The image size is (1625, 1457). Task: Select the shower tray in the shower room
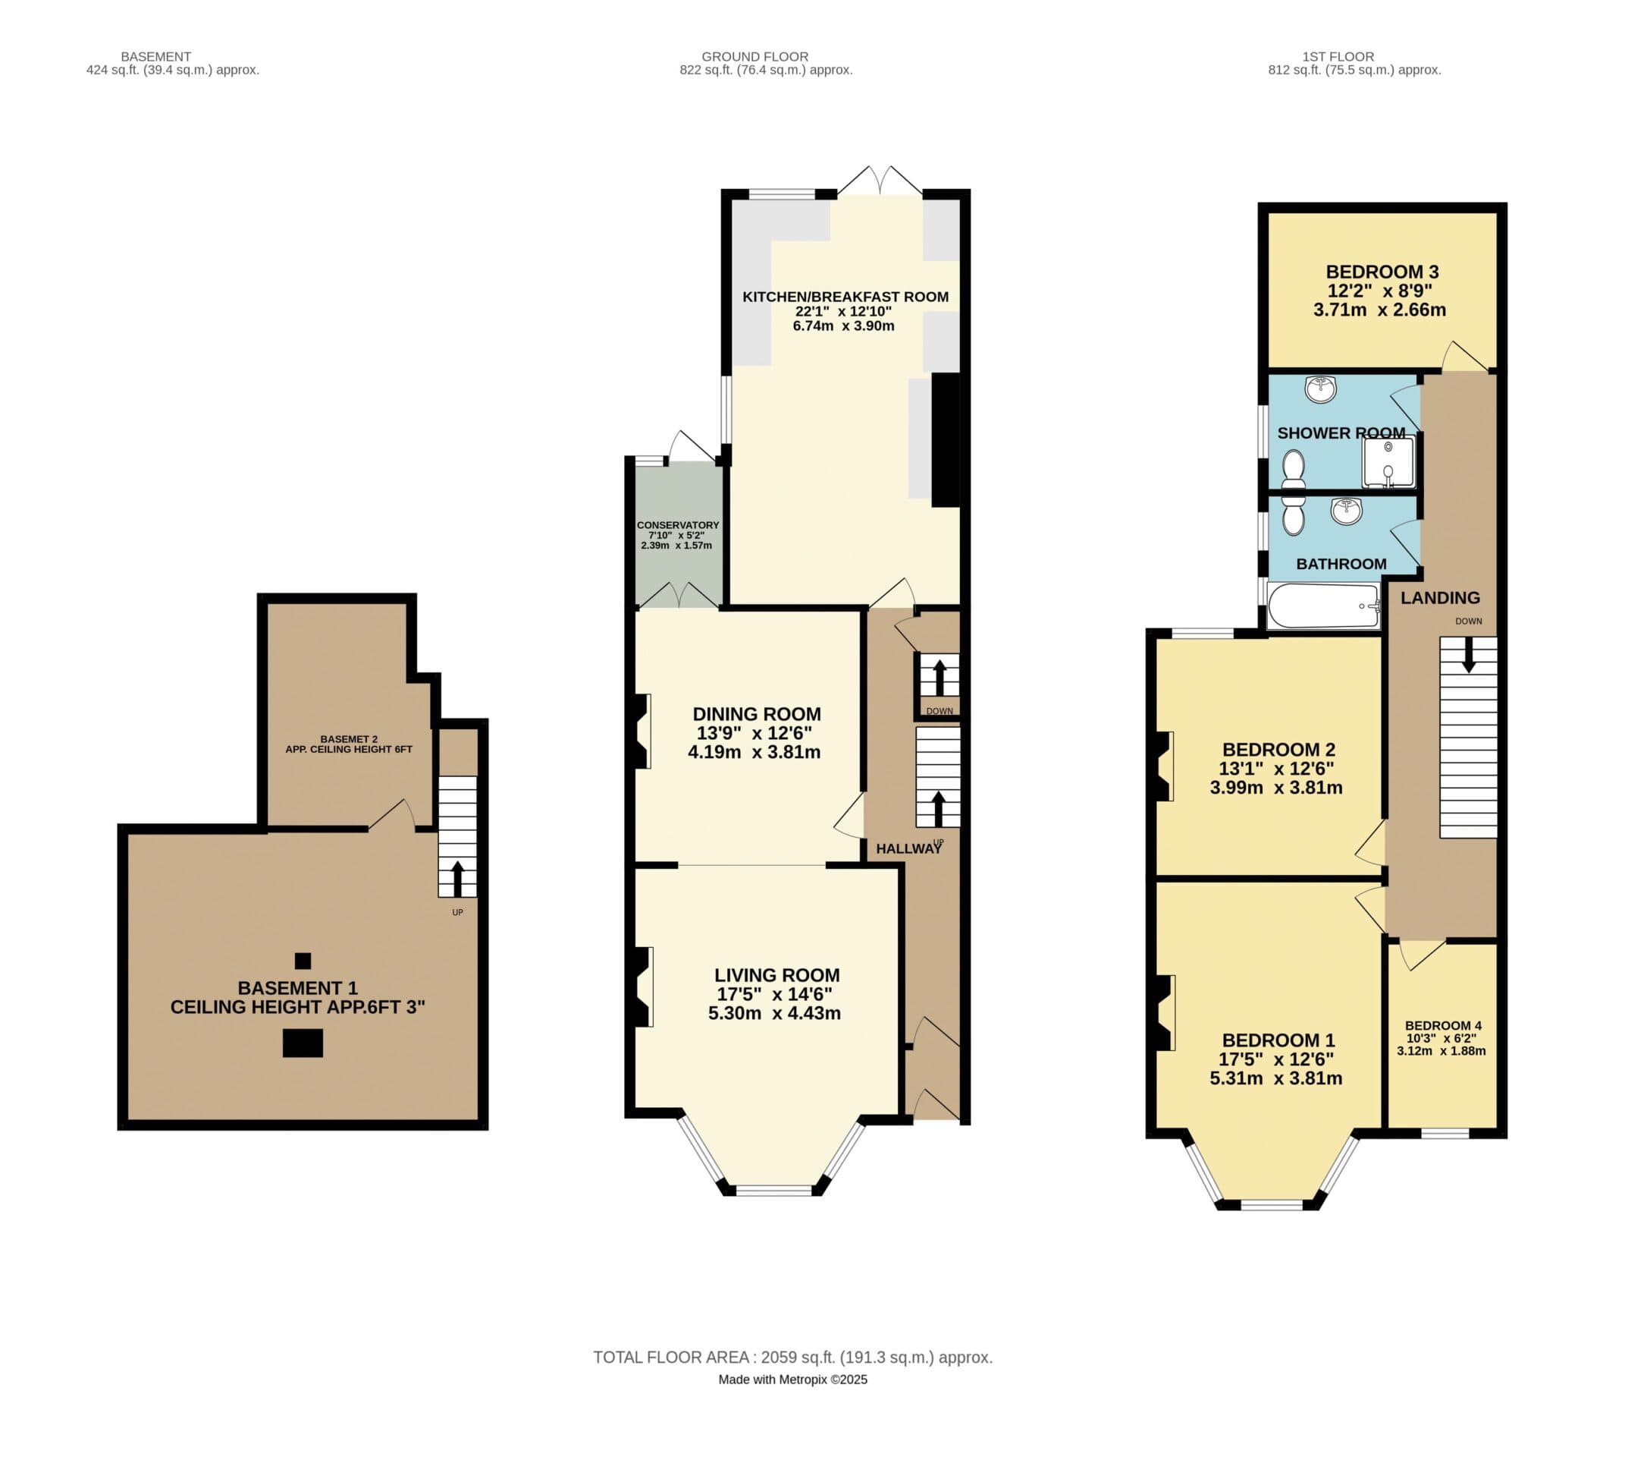(x=1388, y=463)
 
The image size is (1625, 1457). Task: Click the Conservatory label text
(x=678, y=525)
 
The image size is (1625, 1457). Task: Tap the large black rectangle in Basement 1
(x=303, y=1043)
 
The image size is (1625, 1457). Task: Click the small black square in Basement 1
(x=303, y=961)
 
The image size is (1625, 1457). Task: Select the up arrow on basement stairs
(x=456, y=878)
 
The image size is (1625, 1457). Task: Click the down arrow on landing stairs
(x=1468, y=654)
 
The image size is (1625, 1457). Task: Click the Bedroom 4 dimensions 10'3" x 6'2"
(x=1441, y=1038)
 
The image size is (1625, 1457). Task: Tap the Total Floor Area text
(x=792, y=1357)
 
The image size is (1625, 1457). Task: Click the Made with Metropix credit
(x=792, y=1380)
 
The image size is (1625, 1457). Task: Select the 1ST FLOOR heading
(x=1338, y=57)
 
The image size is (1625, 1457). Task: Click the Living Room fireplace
(x=642, y=987)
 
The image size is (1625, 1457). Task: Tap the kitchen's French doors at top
(x=880, y=181)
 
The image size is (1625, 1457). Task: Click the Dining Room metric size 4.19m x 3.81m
(x=754, y=752)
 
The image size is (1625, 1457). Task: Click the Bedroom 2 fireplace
(x=1163, y=766)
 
